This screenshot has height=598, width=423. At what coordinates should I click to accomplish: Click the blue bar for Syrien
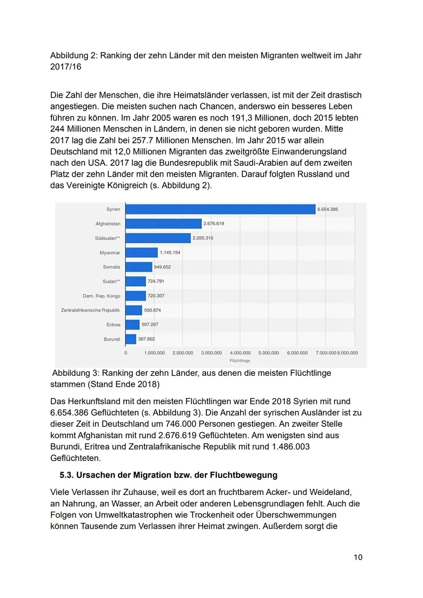point(220,209)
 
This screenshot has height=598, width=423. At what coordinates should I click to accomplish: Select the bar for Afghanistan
point(163,224)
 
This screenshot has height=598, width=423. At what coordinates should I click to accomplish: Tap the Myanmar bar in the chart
point(141,253)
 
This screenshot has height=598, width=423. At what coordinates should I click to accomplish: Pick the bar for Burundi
point(131,339)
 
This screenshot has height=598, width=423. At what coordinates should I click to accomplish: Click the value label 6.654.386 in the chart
point(327,209)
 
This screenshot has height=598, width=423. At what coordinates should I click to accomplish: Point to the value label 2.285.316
point(203,238)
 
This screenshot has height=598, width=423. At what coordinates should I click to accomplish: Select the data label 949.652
point(162,267)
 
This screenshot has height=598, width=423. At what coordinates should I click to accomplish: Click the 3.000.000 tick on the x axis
point(211,353)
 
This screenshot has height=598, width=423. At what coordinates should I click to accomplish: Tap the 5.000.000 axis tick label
point(269,353)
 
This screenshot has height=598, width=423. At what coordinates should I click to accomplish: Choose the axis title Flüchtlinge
point(240,361)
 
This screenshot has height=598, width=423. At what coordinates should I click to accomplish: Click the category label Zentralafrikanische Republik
point(90,310)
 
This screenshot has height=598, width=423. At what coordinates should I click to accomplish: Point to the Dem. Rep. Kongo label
point(101,296)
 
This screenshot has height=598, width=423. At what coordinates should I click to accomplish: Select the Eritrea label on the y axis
point(113,325)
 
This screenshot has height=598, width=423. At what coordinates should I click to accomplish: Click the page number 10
point(358,557)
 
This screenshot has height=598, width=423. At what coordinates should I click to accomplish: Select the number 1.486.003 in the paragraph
point(291,446)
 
